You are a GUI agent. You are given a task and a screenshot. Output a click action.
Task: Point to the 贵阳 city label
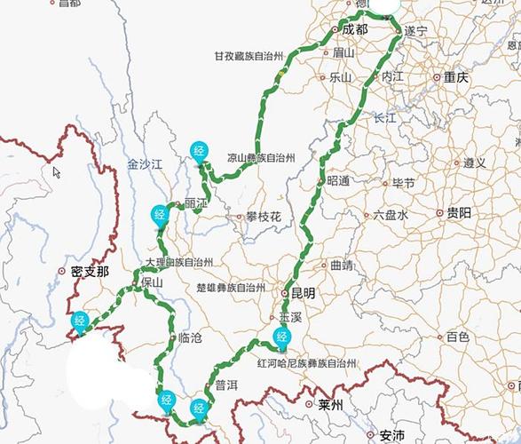459,213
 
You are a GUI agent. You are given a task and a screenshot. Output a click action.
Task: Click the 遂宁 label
415,31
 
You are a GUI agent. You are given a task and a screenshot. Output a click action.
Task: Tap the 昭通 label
338,181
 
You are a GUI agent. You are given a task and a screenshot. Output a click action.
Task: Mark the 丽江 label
195,203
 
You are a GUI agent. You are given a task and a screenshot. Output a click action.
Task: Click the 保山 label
152,282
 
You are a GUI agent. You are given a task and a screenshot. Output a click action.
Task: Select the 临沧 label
190,337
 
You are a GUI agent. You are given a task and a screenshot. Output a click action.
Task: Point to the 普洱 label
226,385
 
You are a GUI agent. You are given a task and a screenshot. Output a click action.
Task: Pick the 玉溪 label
291,316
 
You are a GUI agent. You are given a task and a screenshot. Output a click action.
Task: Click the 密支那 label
91,272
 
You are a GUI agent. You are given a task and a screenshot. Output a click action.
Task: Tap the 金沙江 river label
146,164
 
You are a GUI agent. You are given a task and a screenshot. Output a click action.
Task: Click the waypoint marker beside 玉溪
282,336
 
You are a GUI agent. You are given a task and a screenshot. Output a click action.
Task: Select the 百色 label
457,337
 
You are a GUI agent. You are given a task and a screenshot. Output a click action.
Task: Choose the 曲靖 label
341,265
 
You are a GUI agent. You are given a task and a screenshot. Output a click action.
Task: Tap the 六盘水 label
390,214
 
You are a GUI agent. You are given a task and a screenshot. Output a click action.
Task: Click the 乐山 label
341,77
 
